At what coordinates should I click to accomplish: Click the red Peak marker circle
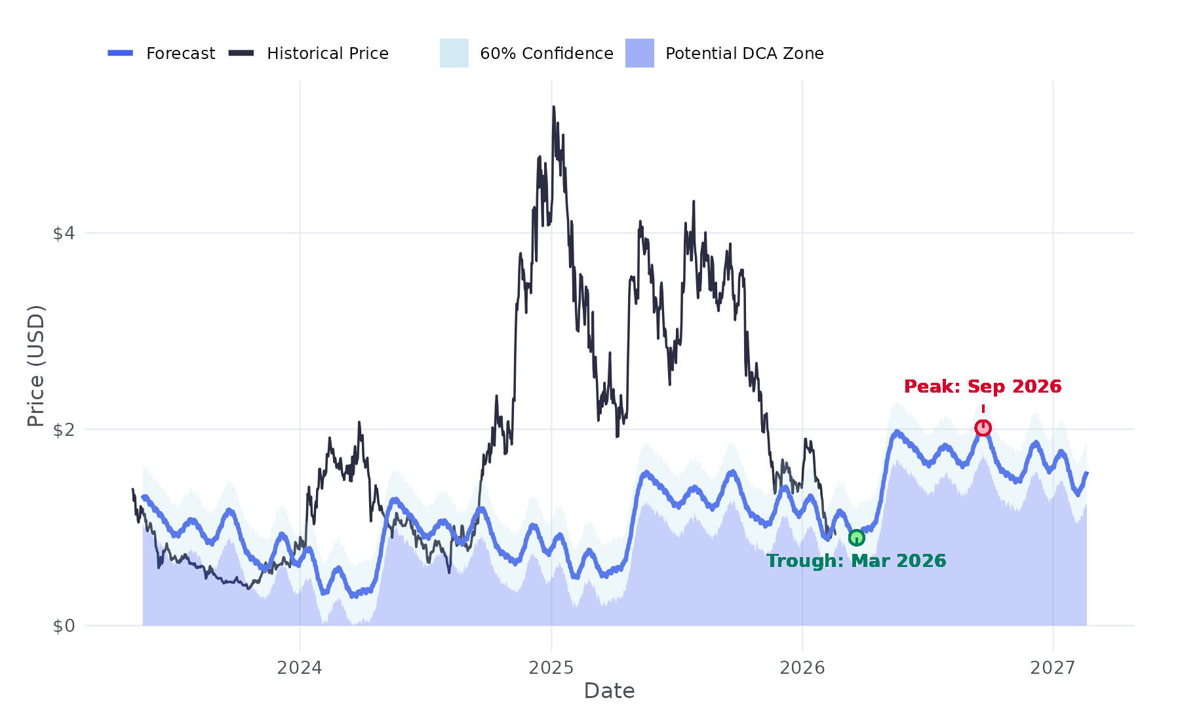click(x=983, y=428)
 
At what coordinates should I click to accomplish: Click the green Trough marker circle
click(x=856, y=538)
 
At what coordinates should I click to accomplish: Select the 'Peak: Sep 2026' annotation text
click(x=983, y=387)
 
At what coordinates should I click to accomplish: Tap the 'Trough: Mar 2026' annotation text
click(x=856, y=561)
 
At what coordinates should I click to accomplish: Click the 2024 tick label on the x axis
click(x=300, y=668)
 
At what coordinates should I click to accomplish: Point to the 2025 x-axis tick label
click(x=551, y=668)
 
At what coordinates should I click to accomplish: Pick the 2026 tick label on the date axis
click(x=802, y=668)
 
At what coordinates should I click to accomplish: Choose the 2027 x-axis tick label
click(x=1053, y=668)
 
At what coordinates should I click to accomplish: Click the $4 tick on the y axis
click(x=64, y=233)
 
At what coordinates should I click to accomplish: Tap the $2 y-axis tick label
click(x=64, y=430)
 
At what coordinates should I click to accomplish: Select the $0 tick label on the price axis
click(x=64, y=627)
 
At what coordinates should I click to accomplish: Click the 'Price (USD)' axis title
click(x=35, y=366)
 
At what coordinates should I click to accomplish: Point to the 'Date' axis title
click(x=609, y=691)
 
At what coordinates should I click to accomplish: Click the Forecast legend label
click(x=180, y=54)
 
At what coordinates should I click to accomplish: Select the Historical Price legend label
click(x=327, y=54)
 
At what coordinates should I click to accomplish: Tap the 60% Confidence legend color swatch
click(x=454, y=53)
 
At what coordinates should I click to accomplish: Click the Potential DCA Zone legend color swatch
click(x=640, y=53)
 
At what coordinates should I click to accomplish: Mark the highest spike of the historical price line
click(x=553, y=107)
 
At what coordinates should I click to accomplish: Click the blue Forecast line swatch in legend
click(x=121, y=53)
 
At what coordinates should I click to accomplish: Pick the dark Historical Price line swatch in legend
click(x=241, y=53)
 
